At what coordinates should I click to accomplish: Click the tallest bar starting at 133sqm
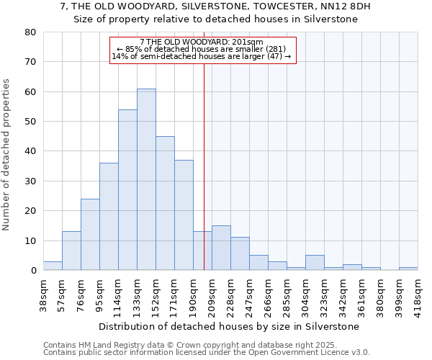coord(146,179)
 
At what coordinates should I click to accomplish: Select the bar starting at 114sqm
coord(127,190)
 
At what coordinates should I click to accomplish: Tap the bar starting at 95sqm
coord(109,217)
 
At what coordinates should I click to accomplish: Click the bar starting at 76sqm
coord(90,235)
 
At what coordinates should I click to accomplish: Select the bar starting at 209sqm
coord(221,248)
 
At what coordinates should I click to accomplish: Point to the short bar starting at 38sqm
coord(53,266)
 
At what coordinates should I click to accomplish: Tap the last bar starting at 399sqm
coord(408,269)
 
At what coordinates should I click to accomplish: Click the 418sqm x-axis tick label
coord(418,296)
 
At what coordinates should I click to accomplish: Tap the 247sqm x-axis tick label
coord(249,296)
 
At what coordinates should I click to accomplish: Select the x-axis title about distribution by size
coord(228,326)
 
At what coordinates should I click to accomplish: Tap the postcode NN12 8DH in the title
coord(347,6)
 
